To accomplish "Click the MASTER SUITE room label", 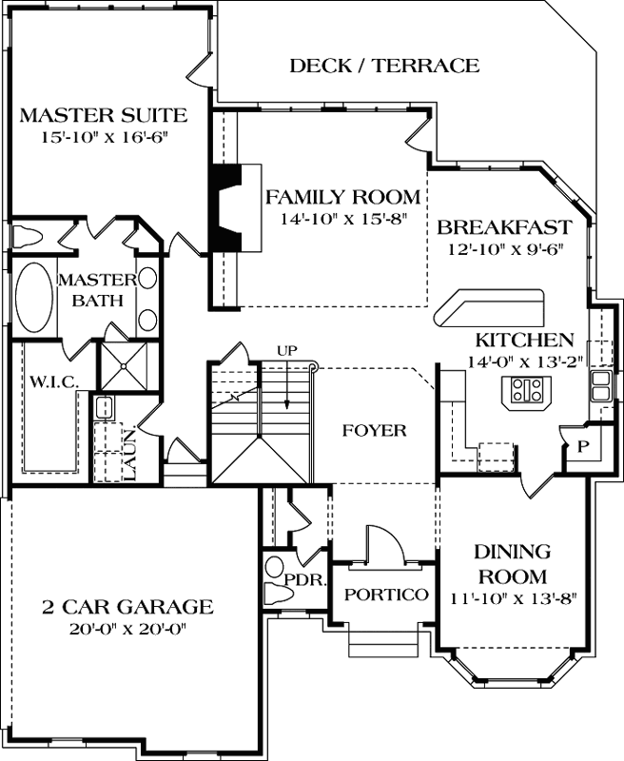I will pyautogui.click(x=102, y=116).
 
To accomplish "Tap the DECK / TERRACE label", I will pyautogui.click(x=383, y=66).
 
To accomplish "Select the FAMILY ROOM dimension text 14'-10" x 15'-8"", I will pyautogui.click(x=342, y=219).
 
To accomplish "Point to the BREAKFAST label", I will pyautogui.click(x=504, y=228).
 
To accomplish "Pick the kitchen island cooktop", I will pyautogui.click(x=525, y=389).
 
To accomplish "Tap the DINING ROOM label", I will pyautogui.click(x=512, y=564).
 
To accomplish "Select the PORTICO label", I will pyautogui.click(x=385, y=595).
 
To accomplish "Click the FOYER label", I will pyautogui.click(x=374, y=430).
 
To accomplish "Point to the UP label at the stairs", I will pyautogui.click(x=286, y=349).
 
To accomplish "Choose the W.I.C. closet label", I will pyautogui.click(x=46, y=381).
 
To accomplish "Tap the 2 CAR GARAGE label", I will pyautogui.click(x=127, y=607).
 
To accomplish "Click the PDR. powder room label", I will pyautogui.click(x=305, y=579).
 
